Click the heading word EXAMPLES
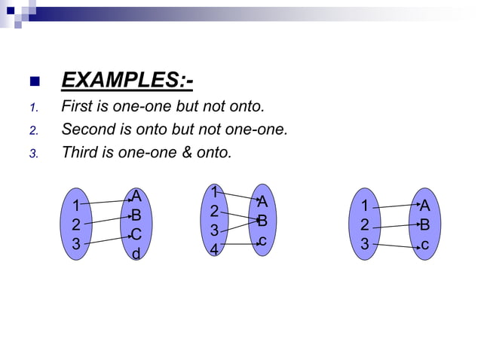tap(124, 80)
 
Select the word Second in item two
tap(89, 129)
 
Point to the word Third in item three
tap(79, 152)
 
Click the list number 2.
tap(33, 130)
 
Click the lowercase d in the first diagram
tap(136, 255)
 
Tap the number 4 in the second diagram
tap(214, 248)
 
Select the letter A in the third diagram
tap(424, 205)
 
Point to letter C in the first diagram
tap(136, 235)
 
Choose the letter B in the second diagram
tap(262, 221)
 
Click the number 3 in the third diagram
tap(365, 243)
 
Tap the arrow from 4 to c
tap(240, 244)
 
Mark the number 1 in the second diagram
tap(215, 192)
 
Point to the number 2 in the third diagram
tap(365, 224)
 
